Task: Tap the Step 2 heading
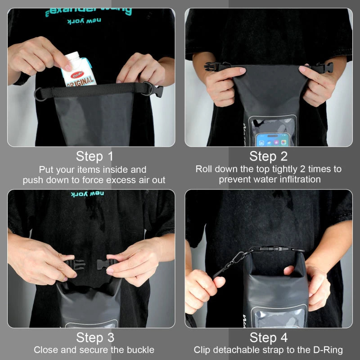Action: pos(268,156)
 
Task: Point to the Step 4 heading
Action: pos(268,337)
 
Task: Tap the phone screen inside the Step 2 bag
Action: pos(273,139)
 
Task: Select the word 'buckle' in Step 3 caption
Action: pos(140,350)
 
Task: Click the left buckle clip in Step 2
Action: pos(211,67)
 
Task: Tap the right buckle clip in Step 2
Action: pos(326,68)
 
